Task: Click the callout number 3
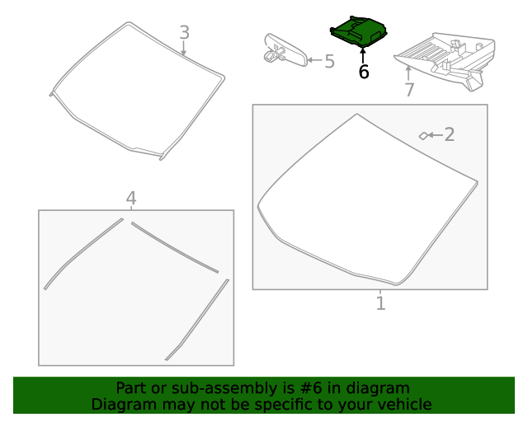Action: pyautogui.click(x=185, y=33)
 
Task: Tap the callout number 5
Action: pyautogui.click(x=330, y=62)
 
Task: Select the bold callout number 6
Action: pyautogui.click(x=364, y=72)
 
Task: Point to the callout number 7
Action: pyautogui.click(x=409, y=90)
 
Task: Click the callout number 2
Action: pyautogui.click(x=450, y=134)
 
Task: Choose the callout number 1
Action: pyautogui.click(x=380, y=302)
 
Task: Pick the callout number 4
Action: pyautogui.click(x=131, y=198)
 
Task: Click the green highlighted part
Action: pyautogui.click(x=358, y=30)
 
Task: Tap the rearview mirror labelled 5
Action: pyautogui.click(x=286, y=50)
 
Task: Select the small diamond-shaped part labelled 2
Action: pyautogui.click(x=423, y=136)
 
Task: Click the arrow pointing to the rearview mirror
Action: pyautogui.click(x=315, y=60)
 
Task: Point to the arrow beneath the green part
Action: pyautogui.click(x=363, y=55)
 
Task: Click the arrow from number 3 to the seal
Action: pyautogui.click(x=183, y=48)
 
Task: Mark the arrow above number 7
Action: pyautogui.click(x=408, y=73)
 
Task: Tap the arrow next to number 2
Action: pyautogui.click(x=435, y=135)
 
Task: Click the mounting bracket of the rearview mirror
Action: pyautogui.click(x=274, y=54)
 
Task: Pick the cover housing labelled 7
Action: pyautogui.click(x=445, y=60)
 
